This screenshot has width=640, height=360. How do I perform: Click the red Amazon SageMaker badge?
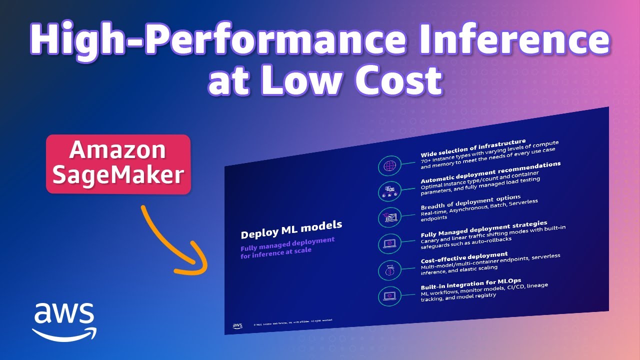[118, 163]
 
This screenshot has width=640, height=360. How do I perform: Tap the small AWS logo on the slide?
[237, 326]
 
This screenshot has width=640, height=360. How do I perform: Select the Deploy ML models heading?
[291, 229]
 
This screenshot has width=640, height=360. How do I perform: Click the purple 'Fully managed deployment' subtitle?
[287, 245]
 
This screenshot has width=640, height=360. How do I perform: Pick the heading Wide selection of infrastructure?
[473, 148]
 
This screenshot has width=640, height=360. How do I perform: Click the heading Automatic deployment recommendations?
[490, 172]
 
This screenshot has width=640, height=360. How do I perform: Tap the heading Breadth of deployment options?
[471, 201]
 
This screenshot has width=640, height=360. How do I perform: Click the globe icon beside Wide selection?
[389, 166]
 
